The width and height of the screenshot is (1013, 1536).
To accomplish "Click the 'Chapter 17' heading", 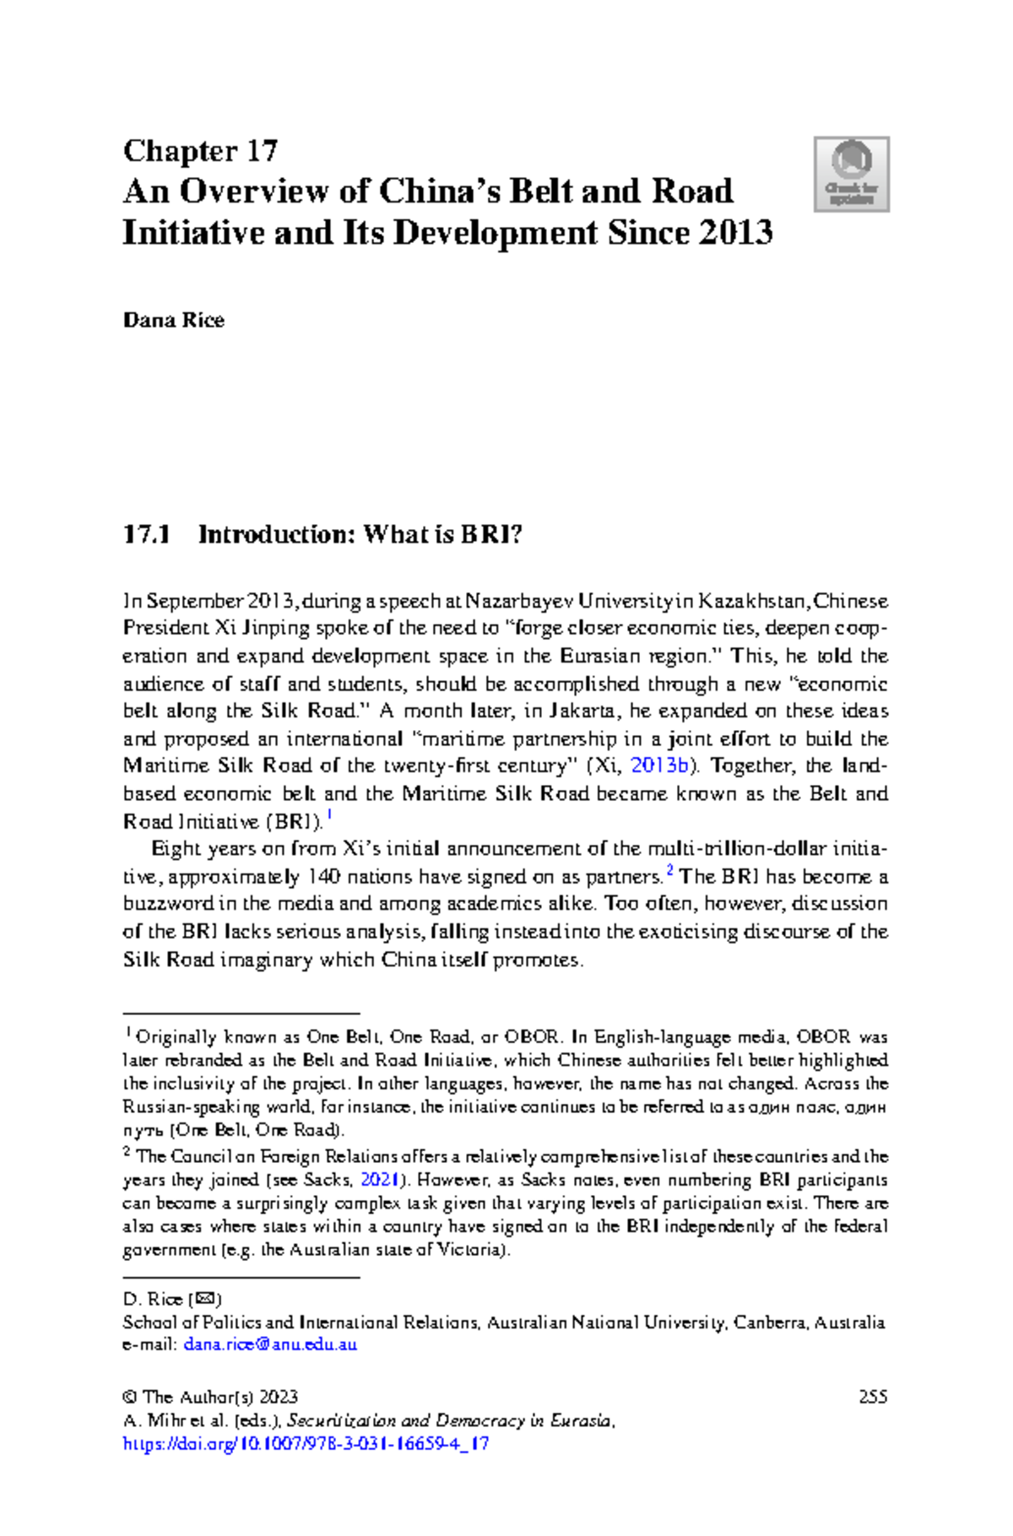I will pyautogui.click(x=200, y=151).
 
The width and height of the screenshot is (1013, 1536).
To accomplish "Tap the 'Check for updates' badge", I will pyautogui.click(x=851, y=174).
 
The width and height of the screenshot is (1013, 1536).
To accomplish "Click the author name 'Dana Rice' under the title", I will pyautogui.click(x=174, y=321).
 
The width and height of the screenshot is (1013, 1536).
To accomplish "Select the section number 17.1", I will pyautogui.click(x=147, y=534).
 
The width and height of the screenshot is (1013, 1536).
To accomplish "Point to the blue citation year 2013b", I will pyautogui.click(x=660, y=765).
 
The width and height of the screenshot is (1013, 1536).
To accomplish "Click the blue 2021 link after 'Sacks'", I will pyautogui.click(x=380, y=1180).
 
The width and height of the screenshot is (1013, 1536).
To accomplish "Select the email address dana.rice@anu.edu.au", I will pyautogui.click(x=270, y=1344).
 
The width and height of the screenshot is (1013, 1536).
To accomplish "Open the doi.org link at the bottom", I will pyautogui.click(x=306, y=1444).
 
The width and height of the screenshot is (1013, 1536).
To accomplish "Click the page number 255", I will pyautogui.click(x=872, y=1397).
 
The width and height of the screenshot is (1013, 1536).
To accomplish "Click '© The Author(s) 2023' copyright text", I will pyautogui.click(x=210, y=1397).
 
